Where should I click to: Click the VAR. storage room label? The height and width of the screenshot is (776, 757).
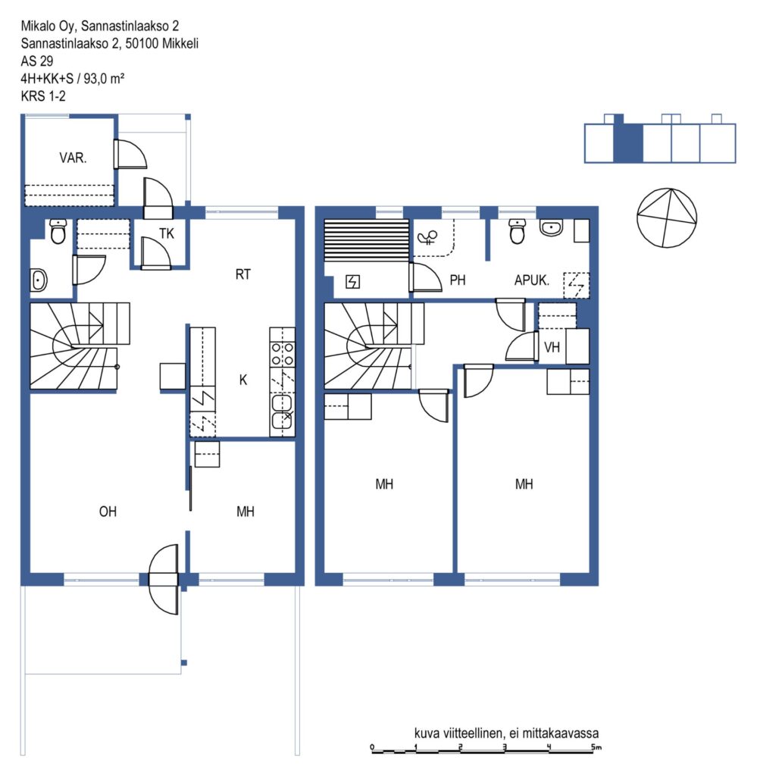tap(73, 158)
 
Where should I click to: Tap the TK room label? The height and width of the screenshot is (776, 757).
tap(167, 233)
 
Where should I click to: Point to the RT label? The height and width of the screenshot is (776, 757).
tap(243, 274)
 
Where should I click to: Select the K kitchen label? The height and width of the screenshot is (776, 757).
tap(243, 380)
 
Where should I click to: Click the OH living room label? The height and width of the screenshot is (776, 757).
tap(108, 512)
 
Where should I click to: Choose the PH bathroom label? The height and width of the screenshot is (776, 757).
tap(458, 280)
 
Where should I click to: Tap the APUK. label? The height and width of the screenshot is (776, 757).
tap(532, 280)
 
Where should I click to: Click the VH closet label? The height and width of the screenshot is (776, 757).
tap(552, 347)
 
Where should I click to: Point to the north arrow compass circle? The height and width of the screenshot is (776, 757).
tap(667, 217)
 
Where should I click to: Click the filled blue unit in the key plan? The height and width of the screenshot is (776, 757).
tap(628, 142)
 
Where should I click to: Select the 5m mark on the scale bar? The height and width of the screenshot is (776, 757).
tap(596, 746)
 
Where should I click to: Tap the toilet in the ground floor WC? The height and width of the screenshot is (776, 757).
tap(58, 232)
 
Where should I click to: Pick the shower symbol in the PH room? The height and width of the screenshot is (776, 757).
tap(428, 237)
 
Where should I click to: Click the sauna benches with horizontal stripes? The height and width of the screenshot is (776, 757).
tap(367, 240)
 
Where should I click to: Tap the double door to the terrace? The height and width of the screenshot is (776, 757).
tap(164, 580)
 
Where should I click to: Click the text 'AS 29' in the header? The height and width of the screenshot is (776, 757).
tap(37, 61)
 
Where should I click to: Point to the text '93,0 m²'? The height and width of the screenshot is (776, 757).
tap(104, 78)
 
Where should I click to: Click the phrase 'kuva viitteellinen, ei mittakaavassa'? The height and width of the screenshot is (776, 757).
tap(506, 733)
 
